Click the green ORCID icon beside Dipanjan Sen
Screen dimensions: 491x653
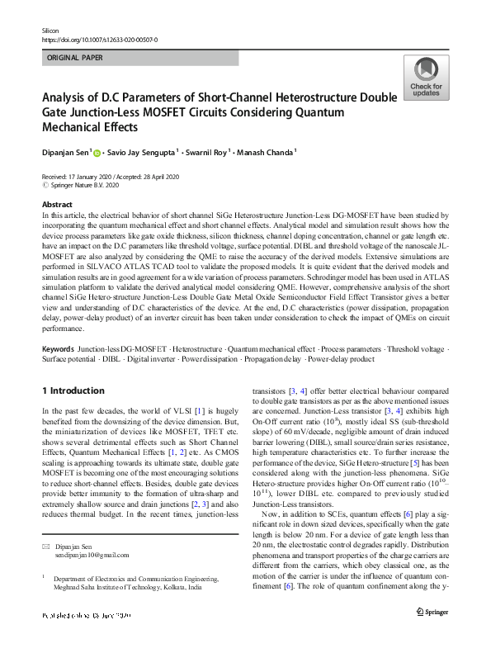pyautogui.click(x=97, y=153)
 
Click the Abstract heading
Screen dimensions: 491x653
pyautogui.click(x=57, y=204)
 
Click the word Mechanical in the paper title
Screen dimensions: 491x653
pyautogui.click(x=77, y=128)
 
